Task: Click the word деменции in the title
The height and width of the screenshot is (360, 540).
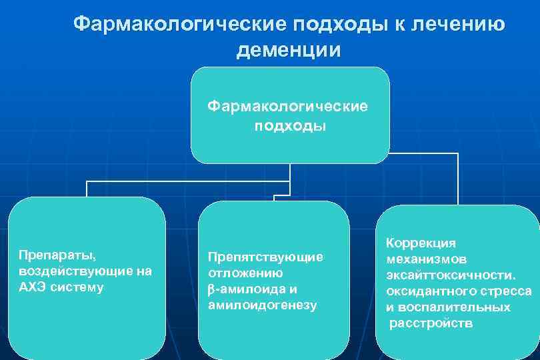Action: click(x=288, y=50)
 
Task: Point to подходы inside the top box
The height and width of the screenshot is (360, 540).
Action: click(x=289, y=126)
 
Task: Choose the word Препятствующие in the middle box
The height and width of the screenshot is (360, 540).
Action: click(x=265, y=257)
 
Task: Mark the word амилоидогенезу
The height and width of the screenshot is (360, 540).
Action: click(x=262, y=305)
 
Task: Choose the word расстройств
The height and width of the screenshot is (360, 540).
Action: click(x=432, y=323)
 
